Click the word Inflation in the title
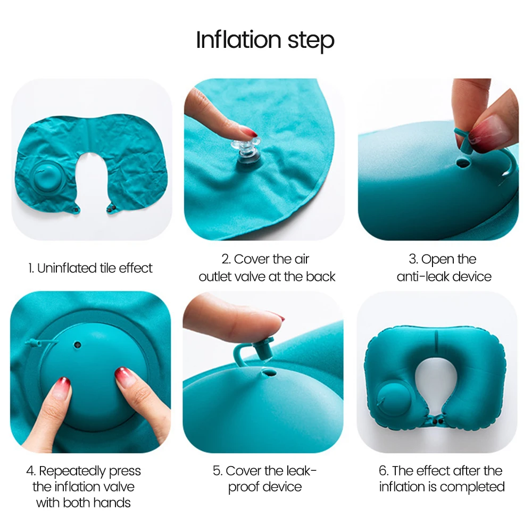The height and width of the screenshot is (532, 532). tap(238, 40)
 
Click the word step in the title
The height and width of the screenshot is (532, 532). tap(311, 41)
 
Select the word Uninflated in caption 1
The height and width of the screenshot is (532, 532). tap(66, 268)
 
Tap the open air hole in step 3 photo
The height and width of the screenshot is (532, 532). tap(463, 163)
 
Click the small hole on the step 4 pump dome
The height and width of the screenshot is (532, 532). tap(78, 345)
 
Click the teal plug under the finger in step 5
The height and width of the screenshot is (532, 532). tap(261, 350)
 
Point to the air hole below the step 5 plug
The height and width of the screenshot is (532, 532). tap(269, 373)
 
